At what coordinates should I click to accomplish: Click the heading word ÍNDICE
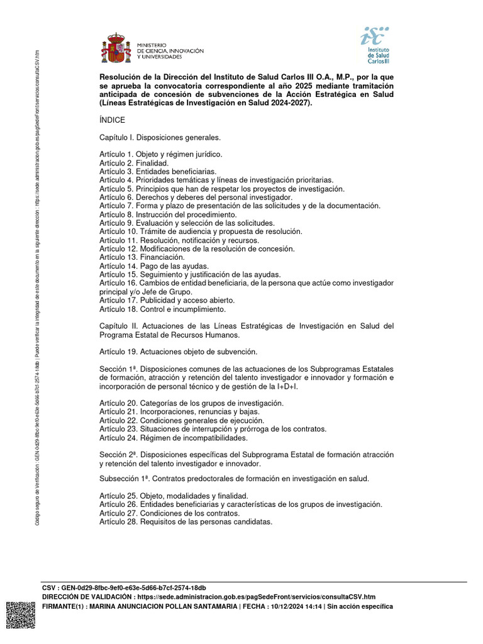point(112,119)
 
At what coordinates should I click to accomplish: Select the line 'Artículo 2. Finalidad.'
point(134,162)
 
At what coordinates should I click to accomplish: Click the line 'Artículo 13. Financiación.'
point(142,257)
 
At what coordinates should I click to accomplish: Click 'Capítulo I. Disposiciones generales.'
point(160,136)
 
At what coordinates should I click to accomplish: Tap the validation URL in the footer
point(255,597)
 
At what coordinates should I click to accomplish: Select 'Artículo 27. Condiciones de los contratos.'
point(169,513)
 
